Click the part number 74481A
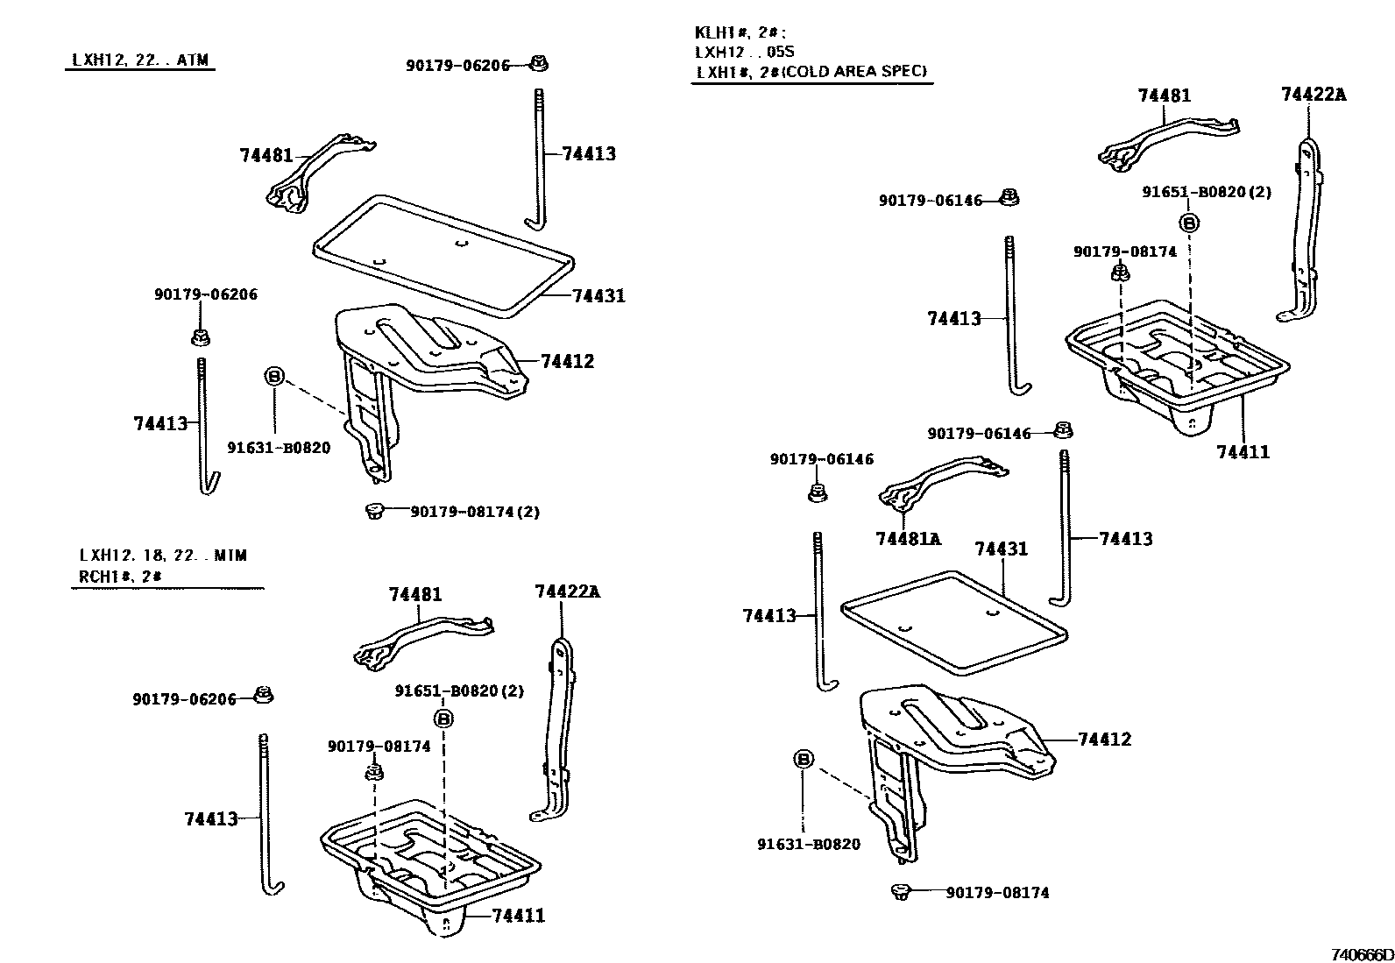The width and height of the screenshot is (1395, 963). coord(908,538)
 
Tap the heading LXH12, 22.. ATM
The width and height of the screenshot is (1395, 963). coord(140,60)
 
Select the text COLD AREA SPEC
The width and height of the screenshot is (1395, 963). coord(853,71)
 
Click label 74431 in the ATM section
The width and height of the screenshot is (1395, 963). coord(598,295)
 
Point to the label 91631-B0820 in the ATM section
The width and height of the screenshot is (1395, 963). coord(279,448)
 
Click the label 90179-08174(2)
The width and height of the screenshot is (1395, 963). coord(475,511)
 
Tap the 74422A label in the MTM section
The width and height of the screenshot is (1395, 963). coord(567,591)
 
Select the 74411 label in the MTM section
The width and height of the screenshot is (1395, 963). coord(518,916)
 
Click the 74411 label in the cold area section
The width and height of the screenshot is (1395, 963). coord(1243,452)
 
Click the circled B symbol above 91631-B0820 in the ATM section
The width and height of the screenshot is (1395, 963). coord(274,376)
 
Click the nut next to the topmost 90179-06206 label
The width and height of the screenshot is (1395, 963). coord(540,63)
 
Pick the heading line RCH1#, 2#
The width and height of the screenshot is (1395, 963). coord(121,576)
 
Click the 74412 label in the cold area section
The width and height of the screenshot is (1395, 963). coord(1104,739)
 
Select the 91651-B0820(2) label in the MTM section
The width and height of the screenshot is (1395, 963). coord(458,690)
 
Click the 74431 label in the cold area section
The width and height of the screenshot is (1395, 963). coord(1001,549)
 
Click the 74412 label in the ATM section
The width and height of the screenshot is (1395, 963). coord(567,361)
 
